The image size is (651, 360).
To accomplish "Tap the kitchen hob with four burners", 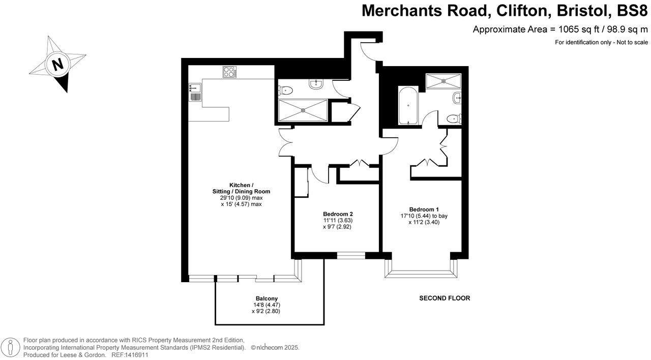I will [x=230, y=73].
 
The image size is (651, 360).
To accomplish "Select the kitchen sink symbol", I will [x=195, y=93].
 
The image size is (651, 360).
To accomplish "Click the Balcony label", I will [x=267, y=298].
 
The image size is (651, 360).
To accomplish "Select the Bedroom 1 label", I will [x=424, y=209].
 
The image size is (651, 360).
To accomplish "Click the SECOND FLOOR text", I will [x=445, y=298].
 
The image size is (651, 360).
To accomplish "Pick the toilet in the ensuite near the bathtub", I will [x=452, y=118].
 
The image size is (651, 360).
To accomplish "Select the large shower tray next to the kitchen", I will [x=303, y=110].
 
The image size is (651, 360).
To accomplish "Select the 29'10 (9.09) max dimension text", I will [x=241, y=198].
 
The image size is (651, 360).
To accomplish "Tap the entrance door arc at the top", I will [x=367, y=50].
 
